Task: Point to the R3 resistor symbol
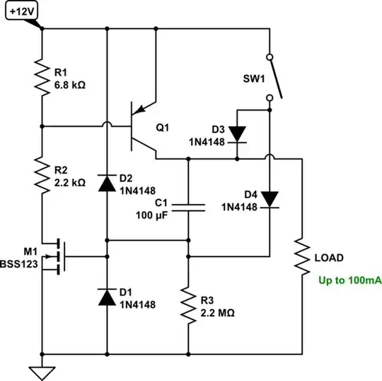pos(188,305)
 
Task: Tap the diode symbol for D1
pos(107,298)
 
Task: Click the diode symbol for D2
pos(107,183)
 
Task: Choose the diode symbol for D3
pos(236,133)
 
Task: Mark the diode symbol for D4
pos(270,199)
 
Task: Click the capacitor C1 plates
pos(188,207)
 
